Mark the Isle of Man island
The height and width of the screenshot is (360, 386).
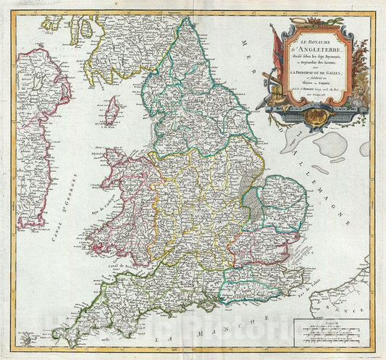[x=112, y=111]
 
